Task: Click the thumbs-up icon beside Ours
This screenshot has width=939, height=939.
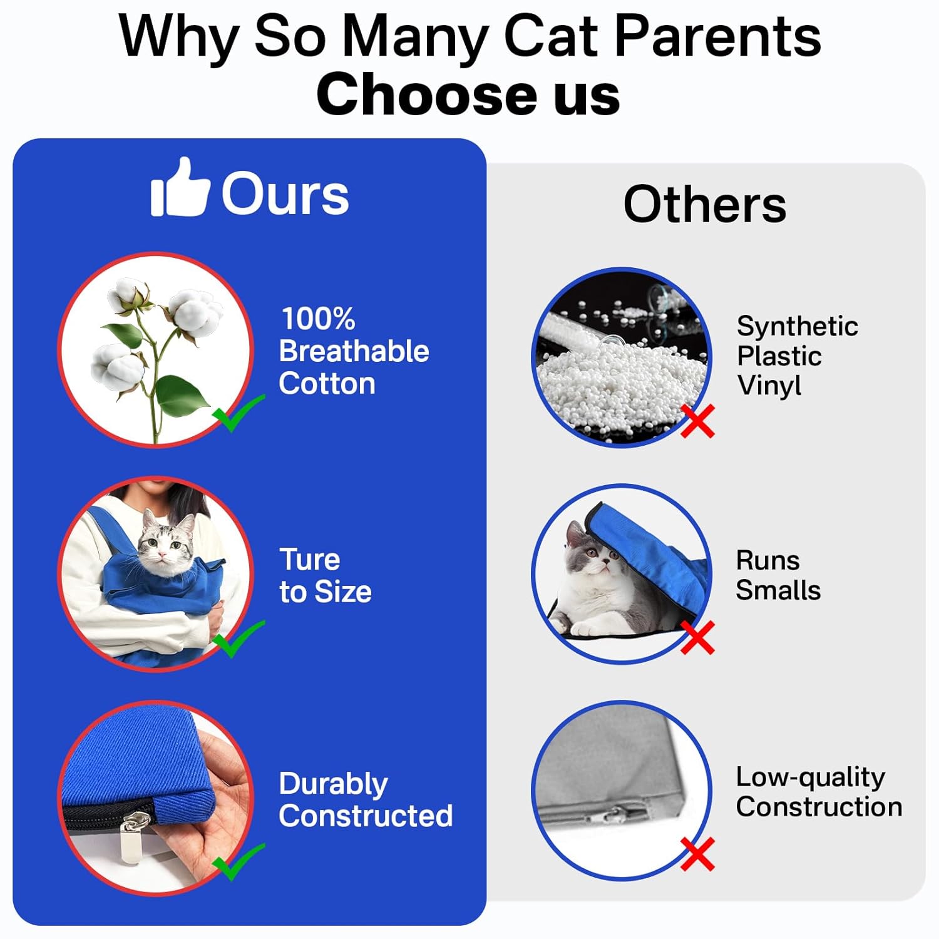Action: pyautogui.click(x=180, y=187)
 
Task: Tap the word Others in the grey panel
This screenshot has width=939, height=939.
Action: pyautogui.click(x=705, y=204)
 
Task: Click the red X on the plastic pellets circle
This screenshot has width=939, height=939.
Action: pyautogui.click(x=697, y=421)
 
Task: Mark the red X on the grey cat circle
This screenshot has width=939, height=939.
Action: pyautogui.click(x=697, y=637)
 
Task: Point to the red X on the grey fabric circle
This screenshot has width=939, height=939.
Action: pyautogui.click(x=697, y=854)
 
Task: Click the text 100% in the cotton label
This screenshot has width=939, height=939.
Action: pyautogui.click(x=318, y=319)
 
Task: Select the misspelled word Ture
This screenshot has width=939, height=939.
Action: pyautogui.click(x=310, y=559)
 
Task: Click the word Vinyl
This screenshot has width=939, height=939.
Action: pyautogui.click(x=769, y=386)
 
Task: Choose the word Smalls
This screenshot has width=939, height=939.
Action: pyautogui.click(x=778, y=590)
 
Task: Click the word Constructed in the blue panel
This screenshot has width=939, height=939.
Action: pyautogui.click(x=366, y=816)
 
